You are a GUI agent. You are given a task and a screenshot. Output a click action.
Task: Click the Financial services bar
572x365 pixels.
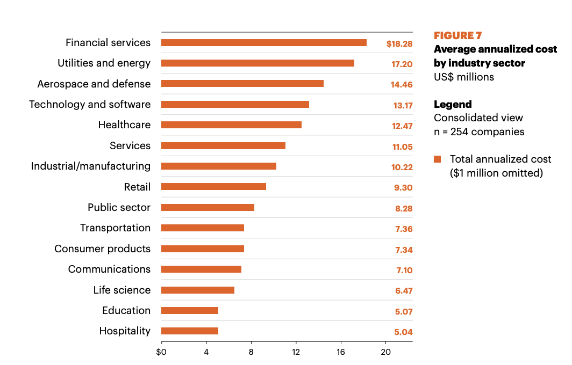point(264,43)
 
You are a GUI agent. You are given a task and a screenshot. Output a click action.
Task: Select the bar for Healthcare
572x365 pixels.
point(231,125)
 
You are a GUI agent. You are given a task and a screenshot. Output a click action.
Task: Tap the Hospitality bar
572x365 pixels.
point(190,331)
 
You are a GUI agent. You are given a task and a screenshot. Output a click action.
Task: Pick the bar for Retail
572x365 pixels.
point(213,187)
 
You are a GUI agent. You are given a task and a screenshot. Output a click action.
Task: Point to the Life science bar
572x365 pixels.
point(198,290)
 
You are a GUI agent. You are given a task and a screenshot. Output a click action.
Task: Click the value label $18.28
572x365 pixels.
point(399,44)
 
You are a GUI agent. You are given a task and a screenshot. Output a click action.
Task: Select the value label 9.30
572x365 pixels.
point(403,188)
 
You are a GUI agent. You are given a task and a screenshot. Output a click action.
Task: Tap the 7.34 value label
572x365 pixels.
point(404,250)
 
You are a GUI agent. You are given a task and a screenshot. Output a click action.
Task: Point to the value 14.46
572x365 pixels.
point(402,84)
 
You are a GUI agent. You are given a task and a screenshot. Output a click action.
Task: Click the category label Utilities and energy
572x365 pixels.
point(104,63)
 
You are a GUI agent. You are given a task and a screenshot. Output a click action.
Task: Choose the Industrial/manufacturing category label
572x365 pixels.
point(91,166)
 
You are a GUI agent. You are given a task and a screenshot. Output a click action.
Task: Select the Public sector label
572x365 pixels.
point(119,208)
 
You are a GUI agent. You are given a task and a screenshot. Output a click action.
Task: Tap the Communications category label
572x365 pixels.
point(110,269)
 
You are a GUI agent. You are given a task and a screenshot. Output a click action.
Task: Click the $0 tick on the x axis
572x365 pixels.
point(161,352)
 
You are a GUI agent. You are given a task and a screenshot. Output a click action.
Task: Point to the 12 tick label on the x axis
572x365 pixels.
point(296,352)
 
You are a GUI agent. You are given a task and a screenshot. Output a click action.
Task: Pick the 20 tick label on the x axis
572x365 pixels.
point(385,352)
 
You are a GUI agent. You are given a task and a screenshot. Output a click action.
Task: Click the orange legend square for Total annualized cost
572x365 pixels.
point(438,159)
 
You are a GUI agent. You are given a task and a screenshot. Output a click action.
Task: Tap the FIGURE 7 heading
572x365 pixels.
point(458,36)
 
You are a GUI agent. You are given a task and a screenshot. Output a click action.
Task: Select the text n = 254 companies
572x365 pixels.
point(479,132)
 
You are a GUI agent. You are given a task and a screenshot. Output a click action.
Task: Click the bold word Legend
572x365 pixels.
point(453,105)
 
